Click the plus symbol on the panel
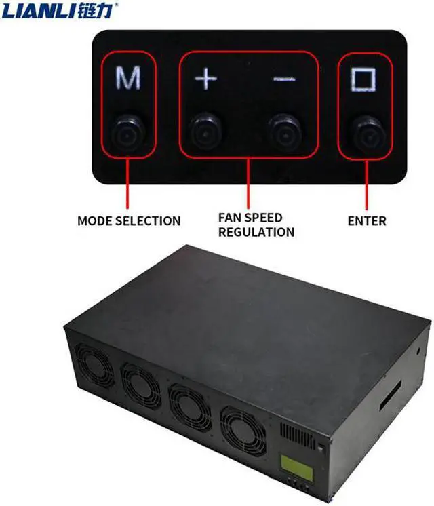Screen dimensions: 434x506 click(x=204, y=79)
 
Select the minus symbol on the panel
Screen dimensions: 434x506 click(x=284, y=79)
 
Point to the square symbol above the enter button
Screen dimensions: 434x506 click(x=363, y=79)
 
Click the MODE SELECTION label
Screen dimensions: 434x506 click(x=129, y=220)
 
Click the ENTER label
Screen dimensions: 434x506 click(x=366, y=220)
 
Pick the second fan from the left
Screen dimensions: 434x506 click(x=141, y=385)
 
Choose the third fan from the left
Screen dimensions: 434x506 click(x=190, y=406)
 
